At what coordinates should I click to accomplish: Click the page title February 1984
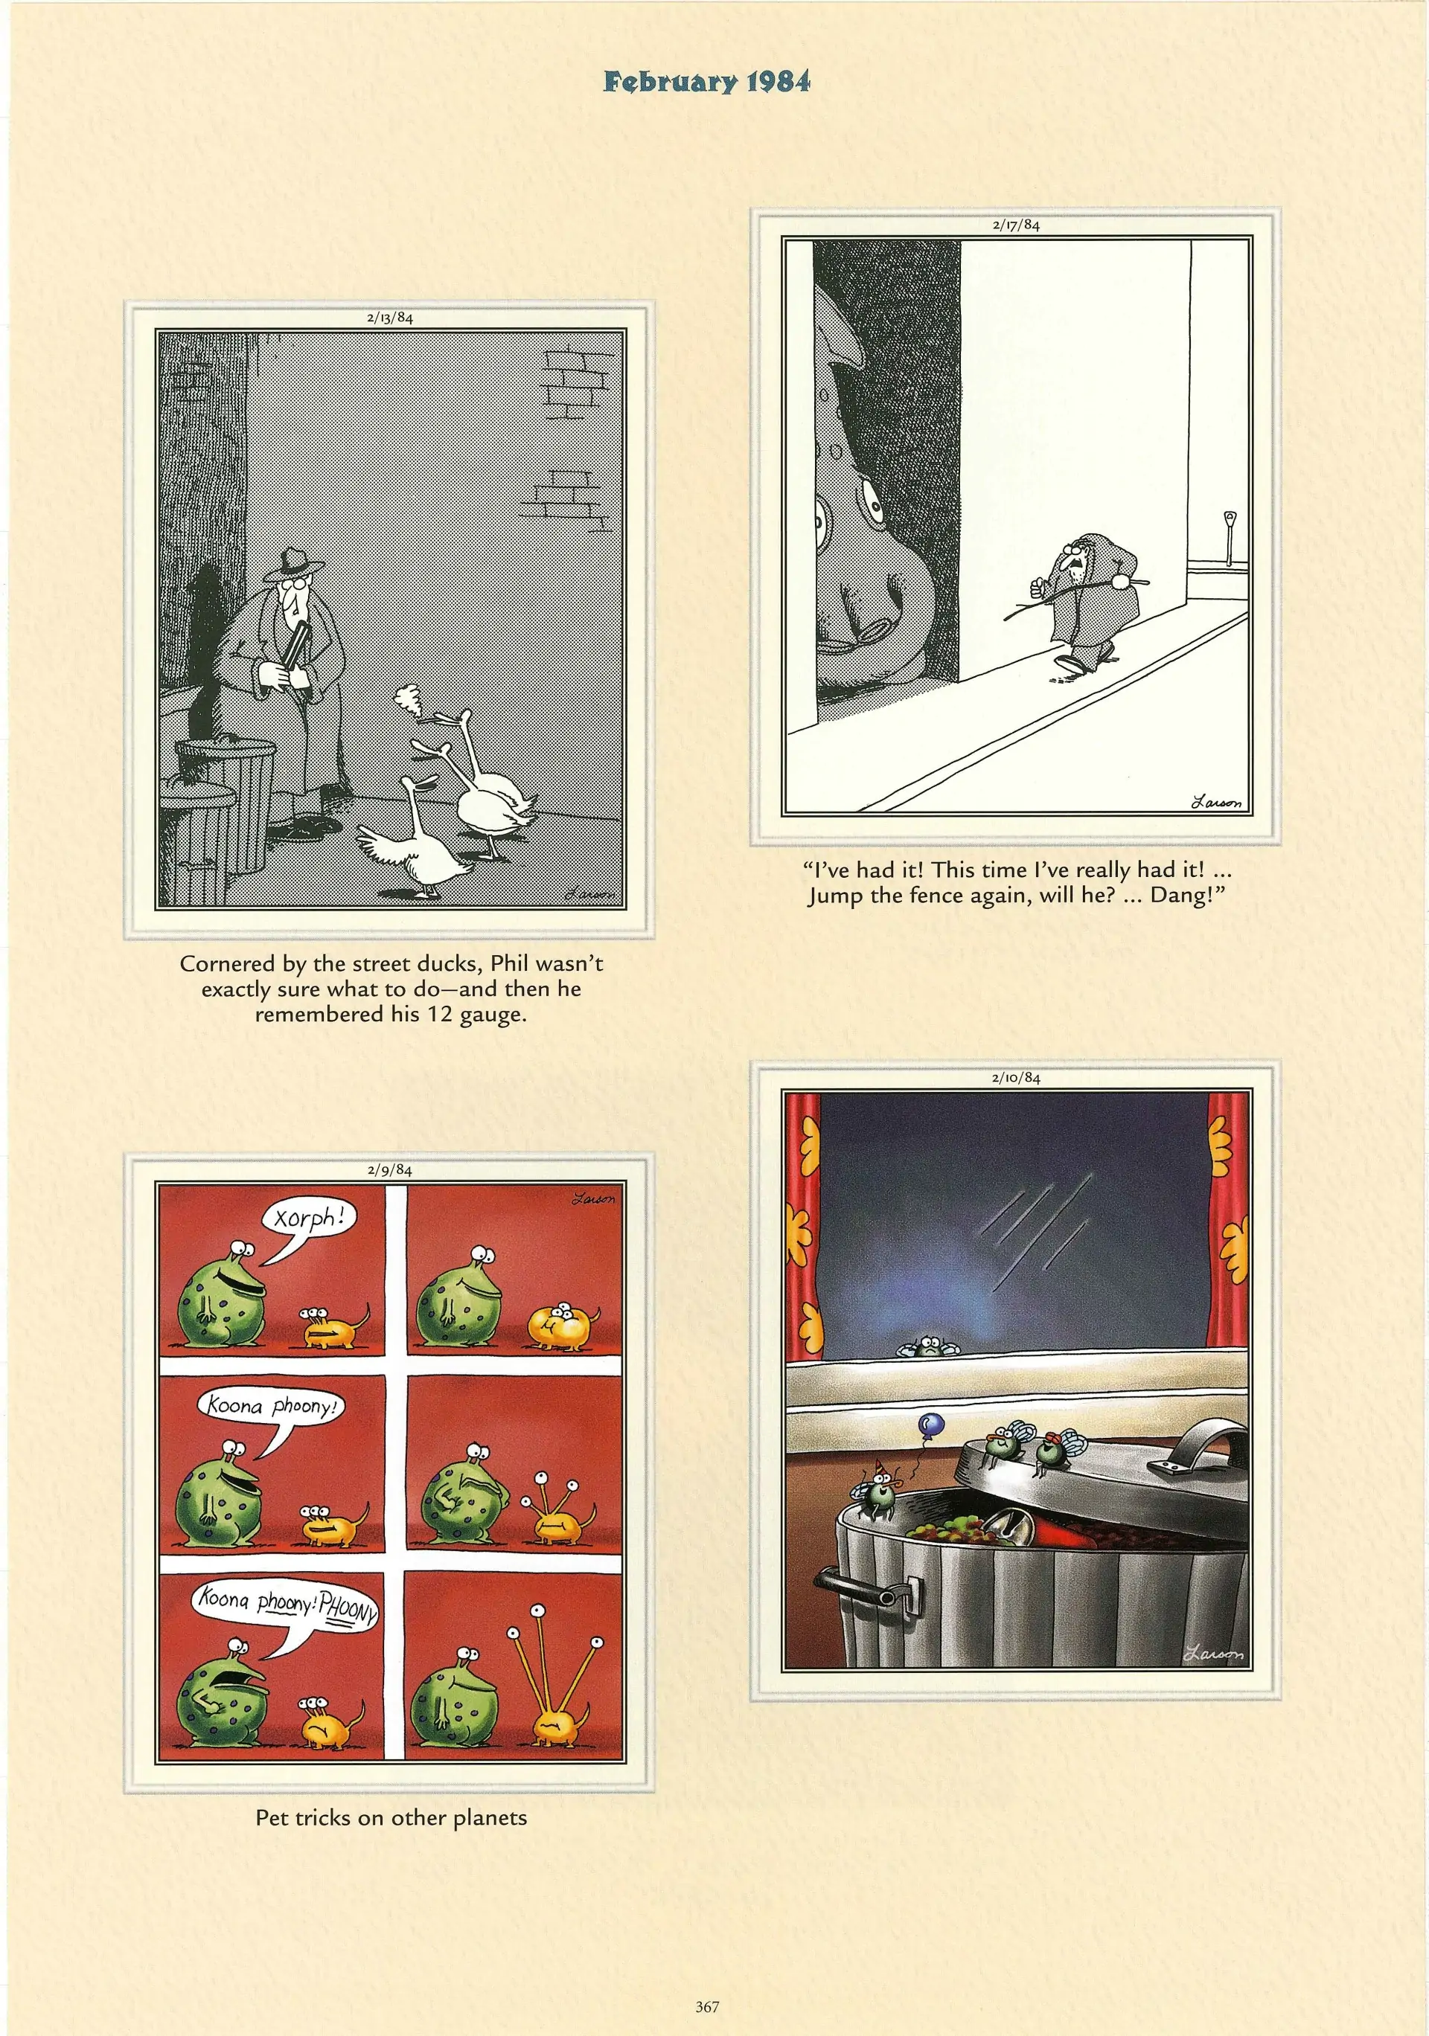[707, 83]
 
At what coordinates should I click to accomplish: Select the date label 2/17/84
[1017, 225]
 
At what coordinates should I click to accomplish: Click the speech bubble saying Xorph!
[305, 1222]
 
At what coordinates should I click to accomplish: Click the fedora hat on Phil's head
[292, 563]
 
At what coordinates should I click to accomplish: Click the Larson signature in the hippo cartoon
[1216, 803]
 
